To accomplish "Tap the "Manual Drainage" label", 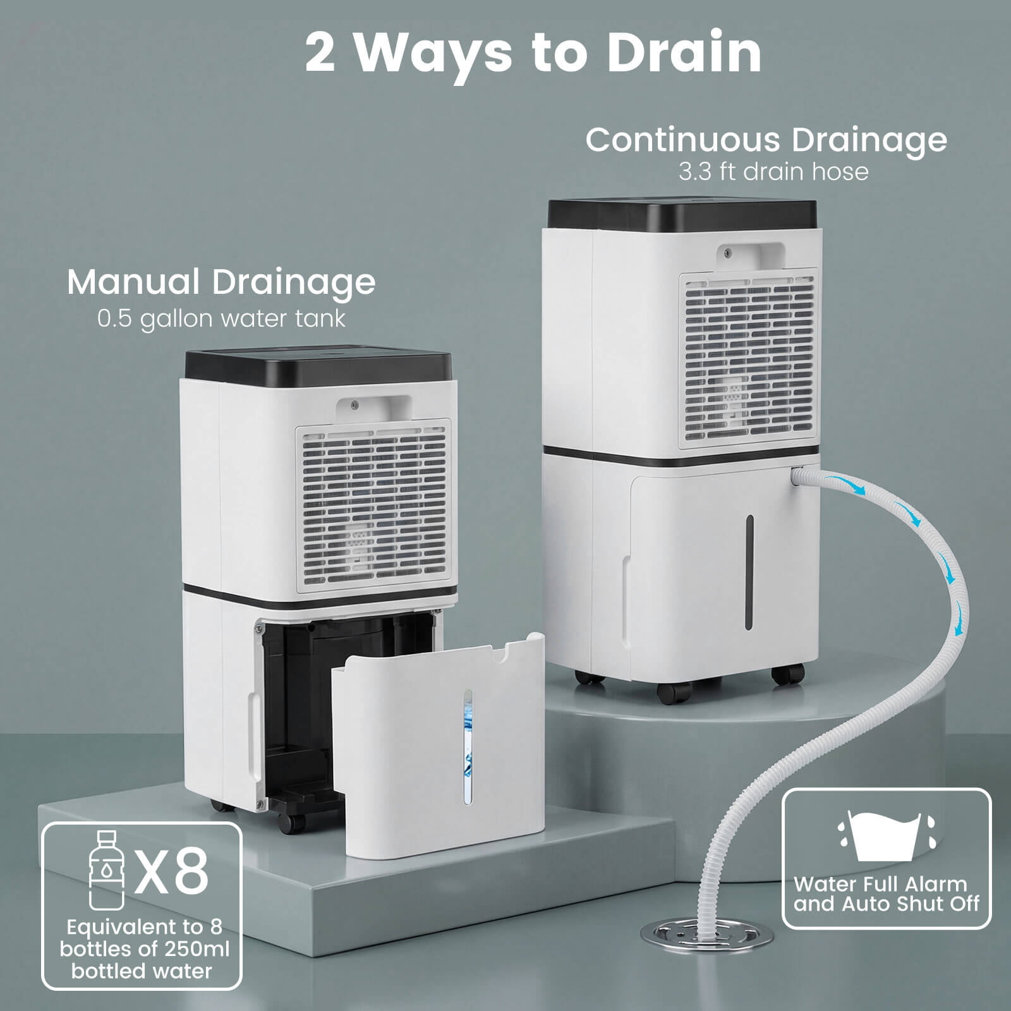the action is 221,282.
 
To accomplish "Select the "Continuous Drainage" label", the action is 766,140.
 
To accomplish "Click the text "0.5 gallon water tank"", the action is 221,318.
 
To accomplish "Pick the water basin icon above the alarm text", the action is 886,835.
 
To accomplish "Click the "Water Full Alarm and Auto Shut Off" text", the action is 886,893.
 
